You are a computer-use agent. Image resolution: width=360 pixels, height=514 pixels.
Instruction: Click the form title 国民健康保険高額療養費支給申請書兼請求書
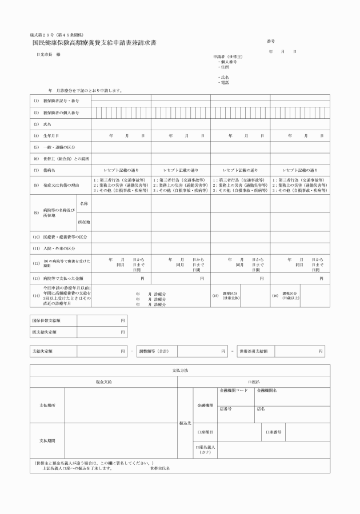(x=94, y=43)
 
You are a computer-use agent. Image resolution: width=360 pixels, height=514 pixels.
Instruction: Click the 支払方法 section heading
(x=180, y=371)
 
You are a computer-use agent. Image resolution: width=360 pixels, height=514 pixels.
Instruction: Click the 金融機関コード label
(x=234, y=391)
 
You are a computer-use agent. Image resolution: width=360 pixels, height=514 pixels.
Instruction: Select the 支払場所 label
(x=47, y=404)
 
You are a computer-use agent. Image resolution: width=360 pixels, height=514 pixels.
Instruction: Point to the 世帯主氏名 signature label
(x=160, y=468)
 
